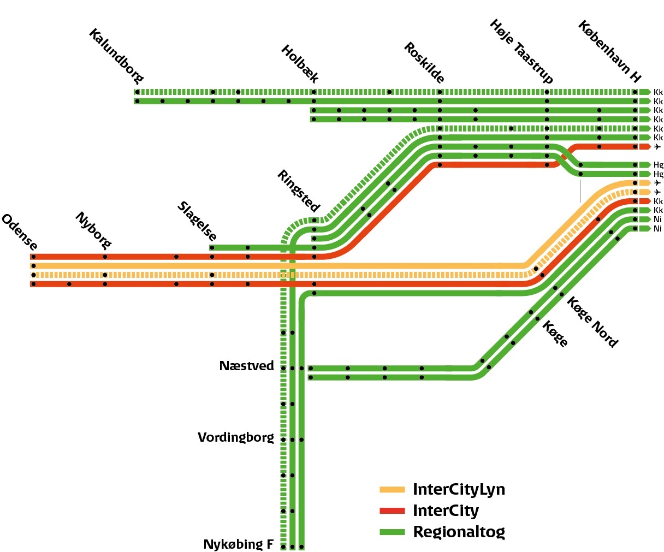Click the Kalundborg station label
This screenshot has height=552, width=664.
point(116,57)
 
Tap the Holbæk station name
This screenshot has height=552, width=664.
point(300,64)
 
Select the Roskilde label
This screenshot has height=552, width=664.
point(424,62)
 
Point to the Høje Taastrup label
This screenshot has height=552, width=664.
point(521,51)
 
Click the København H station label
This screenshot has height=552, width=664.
point(609,51)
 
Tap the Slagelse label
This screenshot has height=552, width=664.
point(197,221)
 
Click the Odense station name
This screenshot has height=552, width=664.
point(20,232)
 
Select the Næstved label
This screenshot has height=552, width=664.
point(247,366)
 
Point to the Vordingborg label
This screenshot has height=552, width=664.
point(236,437)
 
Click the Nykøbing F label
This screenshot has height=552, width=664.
point(238,544)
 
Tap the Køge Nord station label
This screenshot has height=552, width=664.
point(592,322)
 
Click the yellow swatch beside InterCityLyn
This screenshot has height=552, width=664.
point(392,490)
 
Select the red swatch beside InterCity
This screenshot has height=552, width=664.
point(392,511)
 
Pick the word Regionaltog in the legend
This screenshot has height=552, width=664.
point(459,532)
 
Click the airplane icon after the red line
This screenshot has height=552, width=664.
point(657,147)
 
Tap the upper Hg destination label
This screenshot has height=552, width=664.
point(658,165)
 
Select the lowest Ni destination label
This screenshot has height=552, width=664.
point(657,229)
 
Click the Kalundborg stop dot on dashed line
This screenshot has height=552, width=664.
point(137,92)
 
